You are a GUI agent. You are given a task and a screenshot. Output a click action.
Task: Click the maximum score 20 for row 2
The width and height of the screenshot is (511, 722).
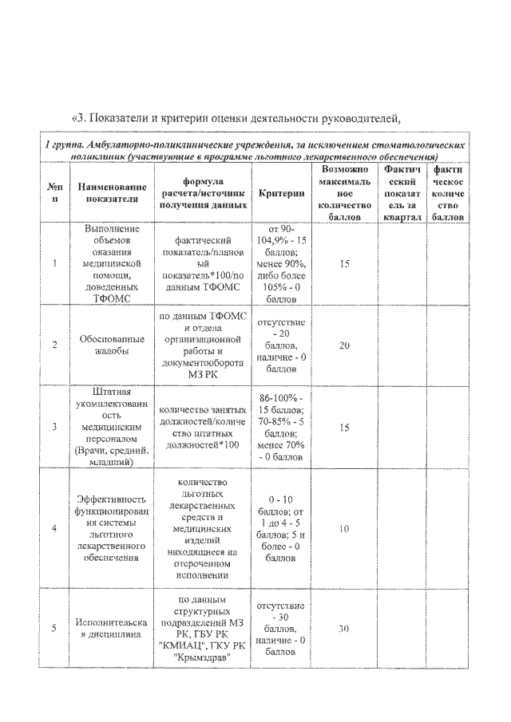coord(344,345)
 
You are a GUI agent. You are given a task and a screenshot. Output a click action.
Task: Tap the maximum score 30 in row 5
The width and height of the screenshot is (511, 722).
coord(344,629)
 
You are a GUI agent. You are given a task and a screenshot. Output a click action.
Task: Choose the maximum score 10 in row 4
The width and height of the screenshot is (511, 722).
coord(344,528)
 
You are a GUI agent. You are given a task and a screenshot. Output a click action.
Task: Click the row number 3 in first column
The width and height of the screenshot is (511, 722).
coord(54,428)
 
